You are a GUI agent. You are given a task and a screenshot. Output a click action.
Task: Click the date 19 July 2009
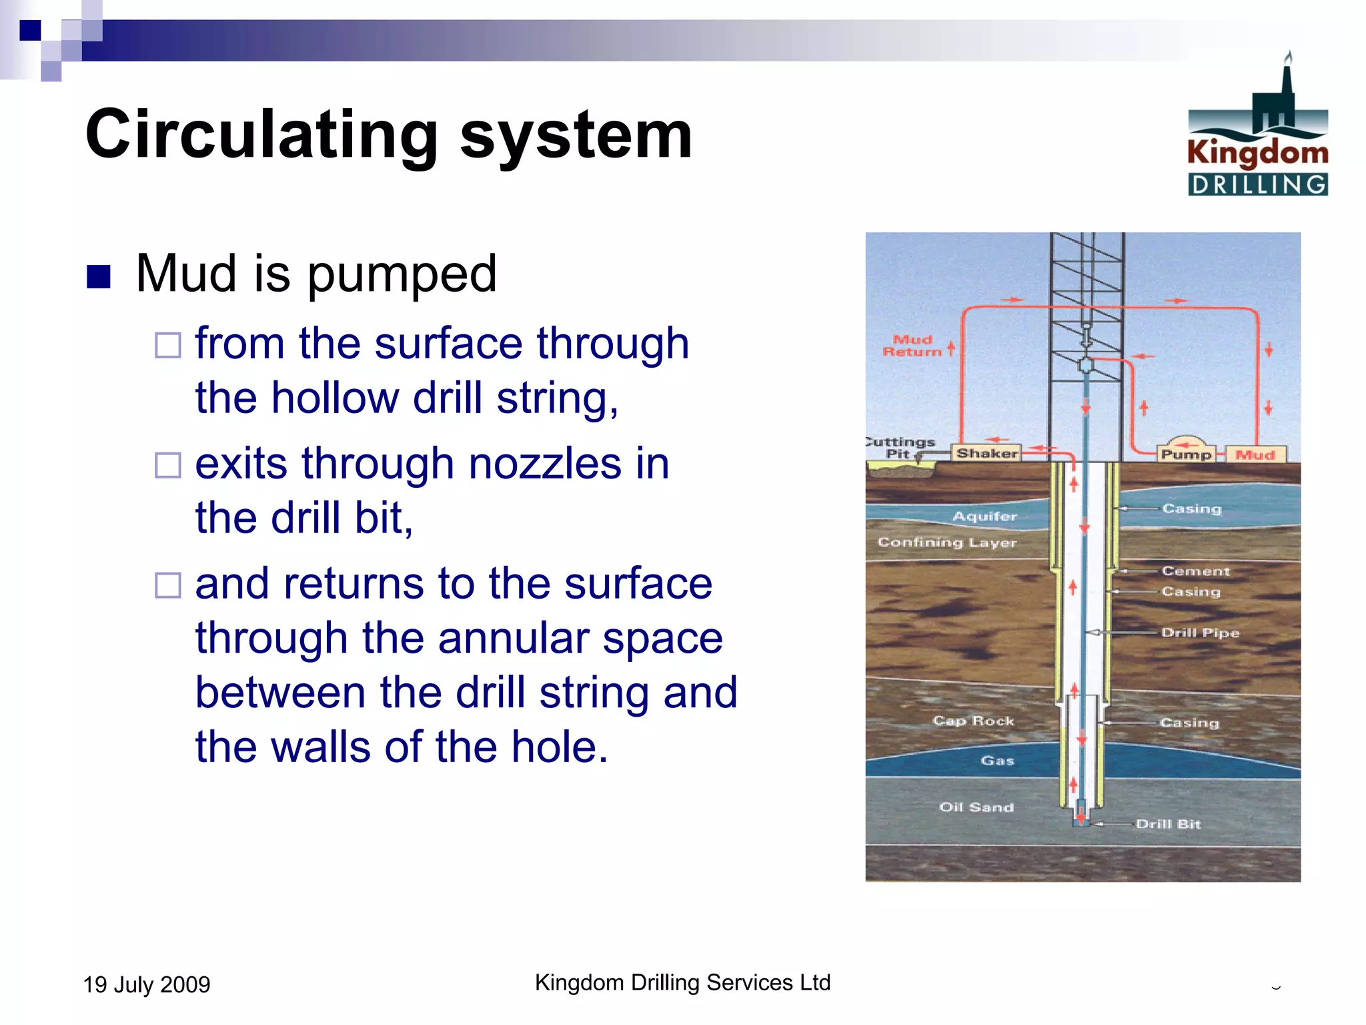pyautogui.click(x=146, y=984)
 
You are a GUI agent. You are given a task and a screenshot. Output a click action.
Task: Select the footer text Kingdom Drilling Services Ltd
pyautogui.click(x=682, y=982)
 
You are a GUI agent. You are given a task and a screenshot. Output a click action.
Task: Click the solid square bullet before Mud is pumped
pyautogui.click(x=98, y=276)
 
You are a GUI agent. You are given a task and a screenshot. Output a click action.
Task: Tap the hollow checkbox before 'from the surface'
pyautogui.click(x=167, y=345)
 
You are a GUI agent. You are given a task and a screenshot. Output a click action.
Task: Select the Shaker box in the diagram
pyautogui.click(x=986, y=453)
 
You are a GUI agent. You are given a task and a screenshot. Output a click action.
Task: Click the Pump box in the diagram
pyautogui.click(x=1186, y=454)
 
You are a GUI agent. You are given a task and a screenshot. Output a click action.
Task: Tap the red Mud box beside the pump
pyautogui.click(x=1255, y=454)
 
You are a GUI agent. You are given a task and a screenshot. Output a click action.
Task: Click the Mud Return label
pyautogui.click(x=912, y=346)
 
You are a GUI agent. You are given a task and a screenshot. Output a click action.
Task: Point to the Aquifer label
pyautogui.click(x=984, y=516)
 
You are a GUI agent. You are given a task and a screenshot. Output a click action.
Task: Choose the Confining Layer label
pyautogui.click(x=946, y=542)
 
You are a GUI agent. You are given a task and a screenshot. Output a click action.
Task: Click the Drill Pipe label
pyautogui.click(x=1200, y=633)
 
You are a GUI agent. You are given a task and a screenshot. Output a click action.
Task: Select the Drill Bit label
pyautogui.click(x=1168, y=824)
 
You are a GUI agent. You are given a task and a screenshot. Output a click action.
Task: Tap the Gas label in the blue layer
pyautogui.click(x=997, y=761)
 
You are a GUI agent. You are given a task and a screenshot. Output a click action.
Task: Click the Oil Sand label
pyautogui.click(x=976, y=807)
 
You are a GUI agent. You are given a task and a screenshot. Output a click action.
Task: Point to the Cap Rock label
pyautogui.click(x=973, y=721)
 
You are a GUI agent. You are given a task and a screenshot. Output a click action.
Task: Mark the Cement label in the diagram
pyautogui.click(x=1195, y=571)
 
